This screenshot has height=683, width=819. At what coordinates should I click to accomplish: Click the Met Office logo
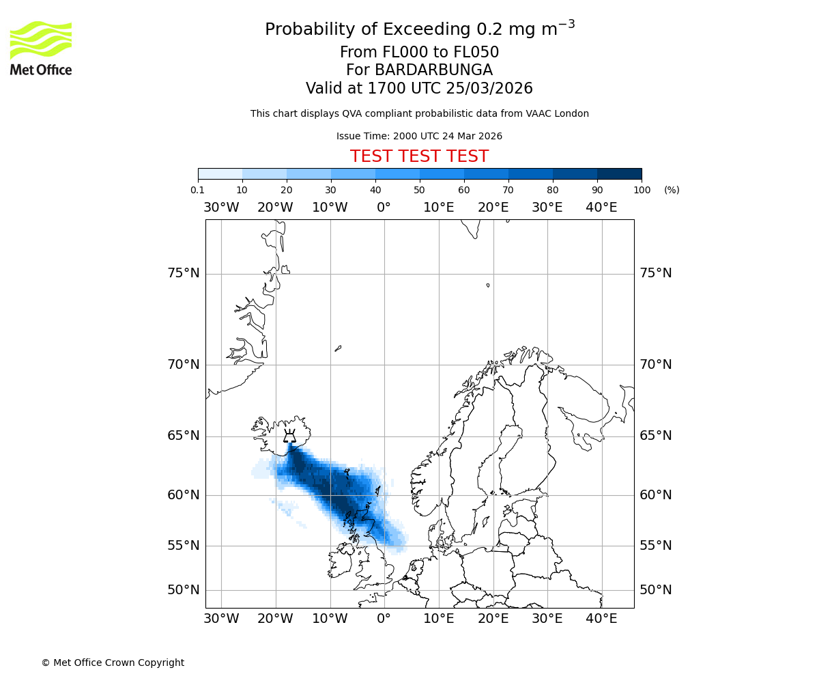coord(41,48)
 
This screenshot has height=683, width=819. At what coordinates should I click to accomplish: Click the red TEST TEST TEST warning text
coord(419,156)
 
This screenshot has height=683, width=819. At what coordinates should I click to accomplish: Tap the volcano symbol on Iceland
coord(289,436)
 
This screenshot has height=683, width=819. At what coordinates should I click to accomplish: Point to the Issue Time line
coord(419,136)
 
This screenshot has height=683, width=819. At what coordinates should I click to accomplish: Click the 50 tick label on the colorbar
coord(420,190)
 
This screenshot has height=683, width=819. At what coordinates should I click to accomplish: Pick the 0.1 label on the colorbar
coord(198,190)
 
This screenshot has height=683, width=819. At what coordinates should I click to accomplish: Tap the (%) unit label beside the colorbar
coord(672,190)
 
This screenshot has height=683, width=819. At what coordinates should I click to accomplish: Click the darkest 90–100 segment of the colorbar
coord(619,173)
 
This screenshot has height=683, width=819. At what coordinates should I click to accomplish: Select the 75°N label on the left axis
coord(184,273)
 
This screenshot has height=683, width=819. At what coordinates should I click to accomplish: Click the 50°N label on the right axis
coord(655,590)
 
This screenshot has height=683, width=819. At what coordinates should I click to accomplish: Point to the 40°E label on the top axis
coord(601,208)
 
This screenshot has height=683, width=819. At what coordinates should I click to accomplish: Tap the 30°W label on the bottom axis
coord(221,619)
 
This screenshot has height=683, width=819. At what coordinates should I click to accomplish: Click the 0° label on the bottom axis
coord(384,619)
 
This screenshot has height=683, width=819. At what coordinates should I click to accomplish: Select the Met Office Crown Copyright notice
coord(113,663)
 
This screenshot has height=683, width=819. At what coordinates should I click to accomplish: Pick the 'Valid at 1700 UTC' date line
coord(419,89)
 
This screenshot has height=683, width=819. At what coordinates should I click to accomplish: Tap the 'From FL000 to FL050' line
coord(419,53)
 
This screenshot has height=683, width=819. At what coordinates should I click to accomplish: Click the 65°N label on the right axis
coord(655,436)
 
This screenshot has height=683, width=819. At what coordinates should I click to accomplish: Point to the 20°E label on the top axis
coord(493,208)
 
